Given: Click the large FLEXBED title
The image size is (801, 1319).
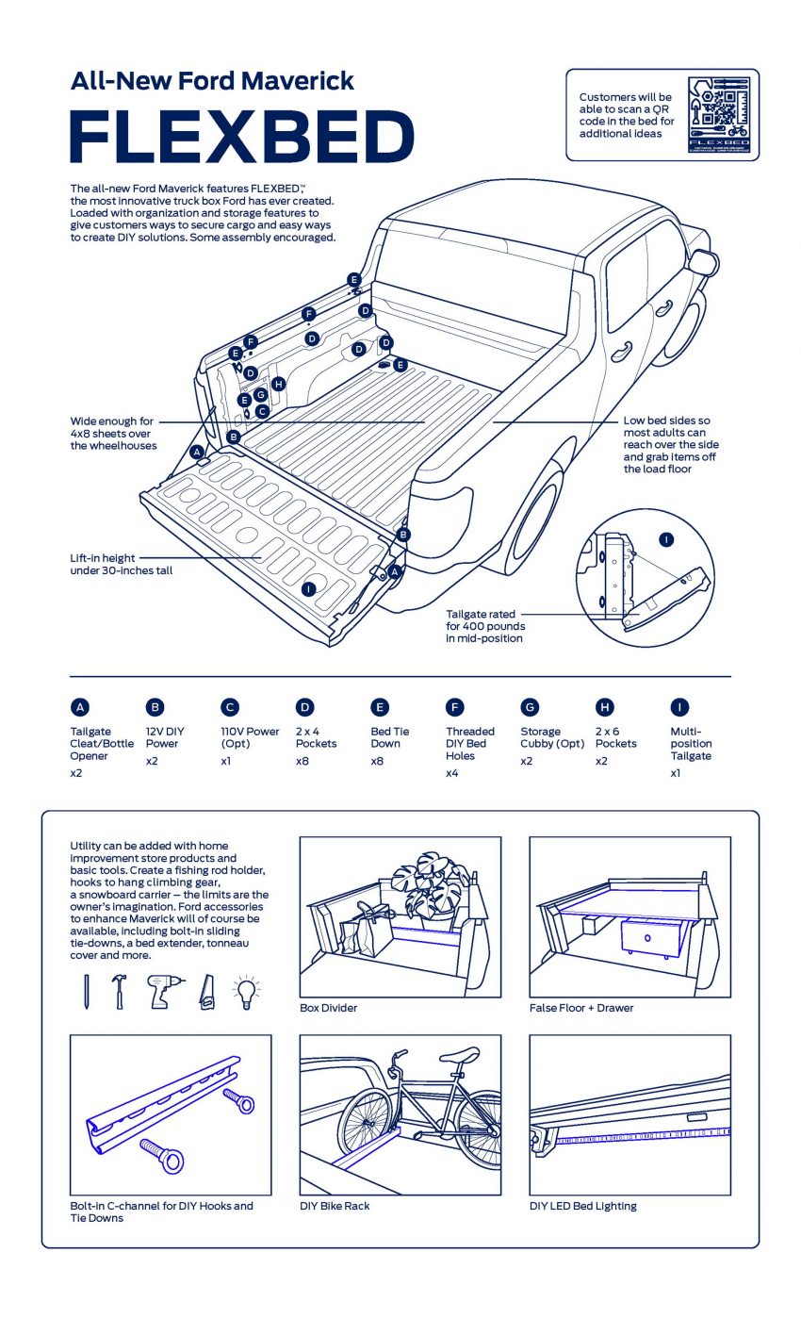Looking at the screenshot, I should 242,137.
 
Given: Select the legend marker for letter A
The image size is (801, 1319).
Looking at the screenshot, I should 80,707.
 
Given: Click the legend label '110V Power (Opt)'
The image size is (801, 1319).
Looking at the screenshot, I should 250,737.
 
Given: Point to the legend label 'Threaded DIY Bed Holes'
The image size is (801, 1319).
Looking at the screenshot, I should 470,743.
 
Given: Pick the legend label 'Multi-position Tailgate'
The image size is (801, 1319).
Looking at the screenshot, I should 691,743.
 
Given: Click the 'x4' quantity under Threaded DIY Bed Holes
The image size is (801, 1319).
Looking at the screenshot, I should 451,773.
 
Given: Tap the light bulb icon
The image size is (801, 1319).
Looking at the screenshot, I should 246,992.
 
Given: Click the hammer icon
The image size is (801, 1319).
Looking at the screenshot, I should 119,992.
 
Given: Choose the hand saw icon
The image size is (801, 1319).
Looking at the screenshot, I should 206,993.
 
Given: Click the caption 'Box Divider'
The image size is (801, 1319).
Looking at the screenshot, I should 328,1008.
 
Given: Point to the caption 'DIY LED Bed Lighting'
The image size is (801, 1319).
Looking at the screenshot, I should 582,1206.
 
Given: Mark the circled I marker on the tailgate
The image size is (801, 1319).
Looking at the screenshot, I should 307,588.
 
